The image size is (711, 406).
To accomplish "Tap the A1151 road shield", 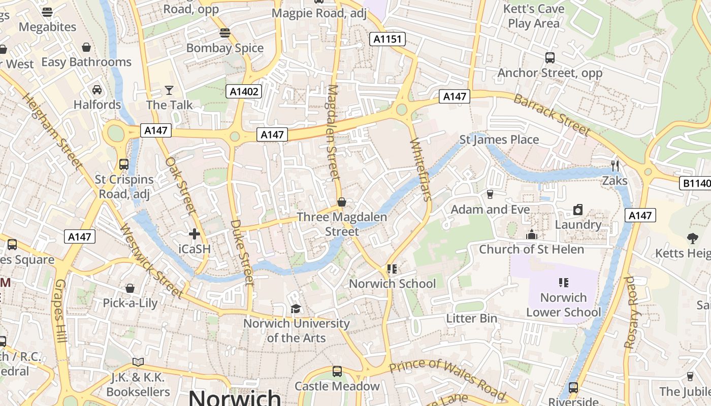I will tap(387, 39).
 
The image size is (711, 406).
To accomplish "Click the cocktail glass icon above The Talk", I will tap(169, 90).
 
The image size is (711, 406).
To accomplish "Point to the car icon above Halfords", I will tap(96, 90).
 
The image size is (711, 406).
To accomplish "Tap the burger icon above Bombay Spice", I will tap(225, 33).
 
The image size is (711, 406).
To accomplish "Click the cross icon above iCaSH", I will tap(195, 234).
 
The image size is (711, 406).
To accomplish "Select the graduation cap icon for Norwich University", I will tap(295, 309).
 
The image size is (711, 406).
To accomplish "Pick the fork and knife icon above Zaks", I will tap(615, 165).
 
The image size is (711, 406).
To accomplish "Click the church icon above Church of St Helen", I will tap(532, 234).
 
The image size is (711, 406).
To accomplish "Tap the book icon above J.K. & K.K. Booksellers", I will tap(138, 362).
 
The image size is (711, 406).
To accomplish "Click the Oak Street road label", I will tap(181, 185).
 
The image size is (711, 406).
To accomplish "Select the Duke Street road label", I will tap(242, 252).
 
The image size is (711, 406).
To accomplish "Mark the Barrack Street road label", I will tap(552, 115).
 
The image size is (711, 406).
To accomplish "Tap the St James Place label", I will tap(499, 140).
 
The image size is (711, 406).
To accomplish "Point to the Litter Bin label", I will tap(471, 319).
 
